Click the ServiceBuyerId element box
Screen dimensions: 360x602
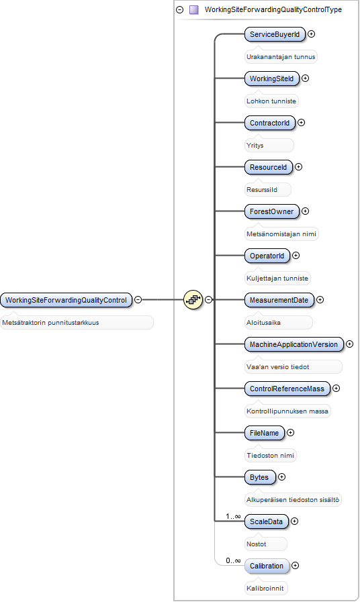(275, 34)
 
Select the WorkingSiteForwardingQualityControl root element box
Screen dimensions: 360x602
(66, 300)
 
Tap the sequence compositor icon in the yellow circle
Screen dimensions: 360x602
(193, 299)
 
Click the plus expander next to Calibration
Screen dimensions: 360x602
(295, 565)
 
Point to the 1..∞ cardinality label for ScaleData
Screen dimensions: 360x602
(233, 516)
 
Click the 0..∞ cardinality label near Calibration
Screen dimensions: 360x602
(233, 560)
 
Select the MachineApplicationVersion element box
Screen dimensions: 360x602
(294, 344)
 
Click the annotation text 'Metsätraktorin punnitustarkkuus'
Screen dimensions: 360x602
(50, 323)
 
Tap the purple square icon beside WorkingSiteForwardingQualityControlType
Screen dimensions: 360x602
(194, 9)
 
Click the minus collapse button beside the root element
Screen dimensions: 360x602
(138, 299)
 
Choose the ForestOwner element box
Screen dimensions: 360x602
(271, 211)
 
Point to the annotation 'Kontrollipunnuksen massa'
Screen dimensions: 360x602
(287, 411)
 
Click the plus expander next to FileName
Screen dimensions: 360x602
(290, 433)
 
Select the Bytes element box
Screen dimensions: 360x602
(259, 477)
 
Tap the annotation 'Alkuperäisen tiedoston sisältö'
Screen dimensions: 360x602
(293, 500)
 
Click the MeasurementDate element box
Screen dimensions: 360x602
(279, 300)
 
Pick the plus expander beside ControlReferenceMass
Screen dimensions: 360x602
(336, 388)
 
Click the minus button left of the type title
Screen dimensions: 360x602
(179, 9)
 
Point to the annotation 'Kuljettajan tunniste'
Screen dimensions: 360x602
(277, 279)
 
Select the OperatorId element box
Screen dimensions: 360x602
(267, 256)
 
